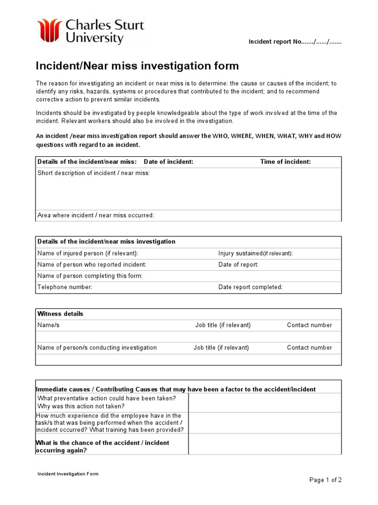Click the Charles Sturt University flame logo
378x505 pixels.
point(49,31)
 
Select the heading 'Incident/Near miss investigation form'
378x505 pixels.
point(137,66)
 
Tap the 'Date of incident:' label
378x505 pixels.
point(168,162)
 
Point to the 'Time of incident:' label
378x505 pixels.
point(285,162)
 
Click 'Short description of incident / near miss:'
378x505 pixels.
point(94,173)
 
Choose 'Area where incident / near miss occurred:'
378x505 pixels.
point(96,215)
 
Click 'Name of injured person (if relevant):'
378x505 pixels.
point(88,253)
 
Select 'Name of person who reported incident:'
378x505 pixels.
point(92,264)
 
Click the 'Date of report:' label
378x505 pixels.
point(238,264)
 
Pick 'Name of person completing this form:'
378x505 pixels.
point(90,276)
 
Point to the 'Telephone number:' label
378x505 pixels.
point(65,287)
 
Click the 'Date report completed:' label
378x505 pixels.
point(251,287)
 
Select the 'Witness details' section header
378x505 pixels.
point(61,314)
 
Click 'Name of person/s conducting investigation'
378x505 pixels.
point(97,348)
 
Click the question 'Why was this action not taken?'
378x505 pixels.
point(81,406)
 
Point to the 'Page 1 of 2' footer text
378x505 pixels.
point(325,480)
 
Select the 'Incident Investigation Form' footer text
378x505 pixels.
point(68,474)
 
